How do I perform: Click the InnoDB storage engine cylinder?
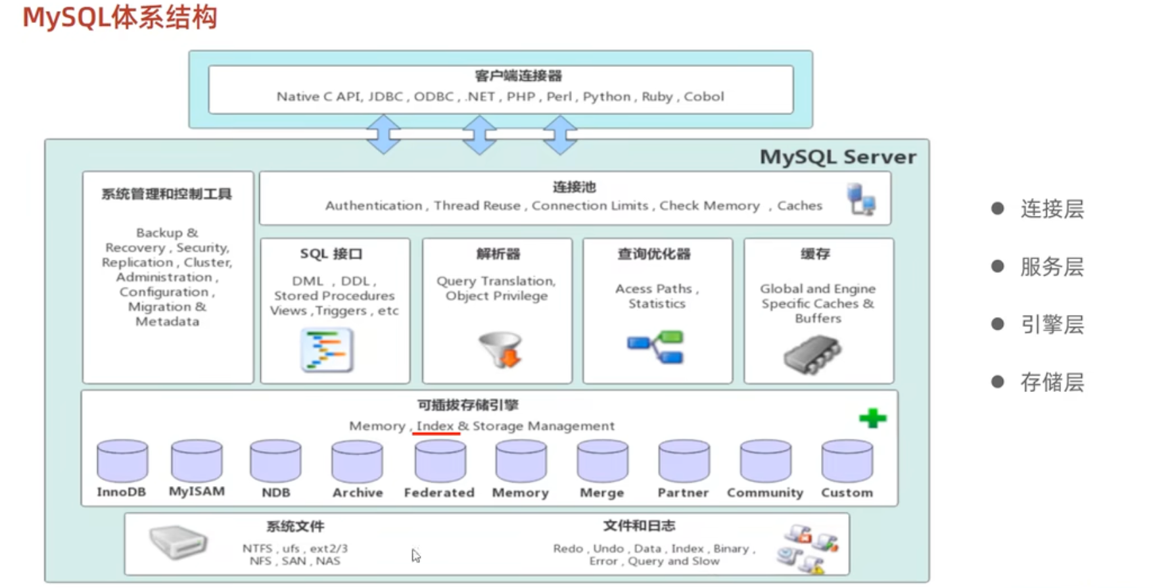tap(122, 461)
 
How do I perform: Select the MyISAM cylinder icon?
tap(197, 461)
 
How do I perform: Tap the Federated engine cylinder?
tap(440, 461)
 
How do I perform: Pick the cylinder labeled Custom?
tap(847, 461)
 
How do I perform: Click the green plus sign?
tap(872, 418)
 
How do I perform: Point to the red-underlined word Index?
tap(435, 426)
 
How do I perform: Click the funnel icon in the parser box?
tap(501, 349)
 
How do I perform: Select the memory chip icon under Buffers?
tap(812, 354)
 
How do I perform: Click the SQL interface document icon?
tap(327, 351)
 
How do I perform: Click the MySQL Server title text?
tap(837, 157)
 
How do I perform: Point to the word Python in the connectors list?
tap(606, 97)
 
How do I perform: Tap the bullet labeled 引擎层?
tap(1052, 324)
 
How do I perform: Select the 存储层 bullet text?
tap(1052, 382)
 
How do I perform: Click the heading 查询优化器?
tap(654, 254)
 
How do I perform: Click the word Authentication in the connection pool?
tap(373, 206)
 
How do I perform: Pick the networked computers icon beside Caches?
tap(860, 199)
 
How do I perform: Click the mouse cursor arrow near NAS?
tap(415, 556)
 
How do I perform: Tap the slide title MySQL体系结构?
tap(120, 18)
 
